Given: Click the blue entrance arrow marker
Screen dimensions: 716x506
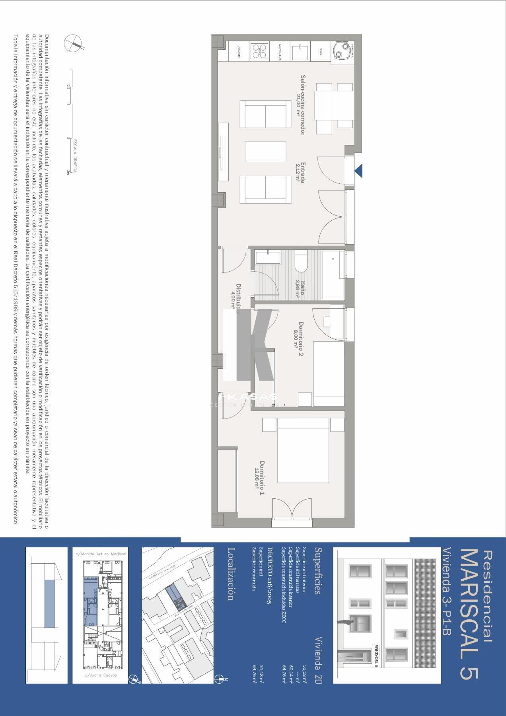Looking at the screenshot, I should point(358,171).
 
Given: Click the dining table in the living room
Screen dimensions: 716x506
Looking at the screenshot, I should point(334,105).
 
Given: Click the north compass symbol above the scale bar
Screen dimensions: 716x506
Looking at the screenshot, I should point(74,43).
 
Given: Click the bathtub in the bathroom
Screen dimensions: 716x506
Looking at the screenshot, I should point(333,275).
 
